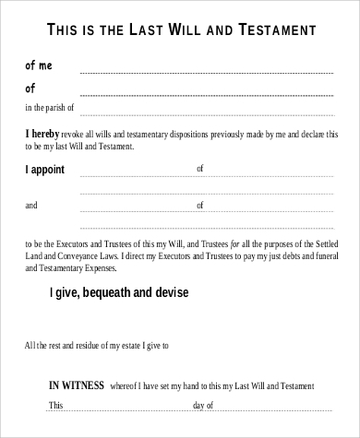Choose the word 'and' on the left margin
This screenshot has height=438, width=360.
[31, 205]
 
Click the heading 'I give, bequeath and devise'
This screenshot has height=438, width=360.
[118, 293]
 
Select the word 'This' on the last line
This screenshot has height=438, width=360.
[56, 405]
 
